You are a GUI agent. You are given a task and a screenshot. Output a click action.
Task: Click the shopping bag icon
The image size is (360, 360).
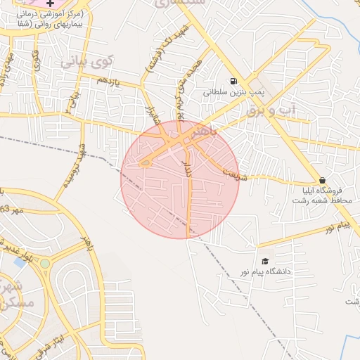322,180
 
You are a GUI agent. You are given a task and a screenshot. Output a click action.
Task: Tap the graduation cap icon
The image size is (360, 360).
265,261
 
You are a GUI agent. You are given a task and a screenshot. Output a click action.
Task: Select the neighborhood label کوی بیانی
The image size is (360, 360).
86,61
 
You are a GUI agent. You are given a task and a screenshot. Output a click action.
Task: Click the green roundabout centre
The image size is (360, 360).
45,264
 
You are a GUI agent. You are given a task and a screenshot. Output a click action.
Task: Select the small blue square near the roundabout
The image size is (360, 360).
19,262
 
